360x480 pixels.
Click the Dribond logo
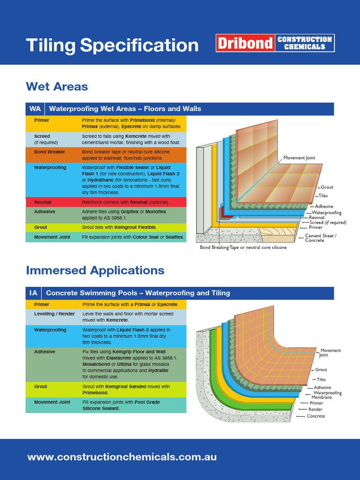pos(274,43)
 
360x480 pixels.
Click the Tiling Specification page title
pos(112,45)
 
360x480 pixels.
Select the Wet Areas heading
pos(57,86)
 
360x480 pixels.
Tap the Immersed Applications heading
pos(95,270)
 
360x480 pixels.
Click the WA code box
pos(35,109)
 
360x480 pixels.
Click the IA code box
pos(33,293)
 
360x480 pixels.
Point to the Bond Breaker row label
pos(49,152)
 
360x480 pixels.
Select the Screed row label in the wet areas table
pos(42,136)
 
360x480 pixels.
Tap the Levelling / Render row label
pos(54,314)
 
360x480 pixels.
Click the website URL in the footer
pos(122,457)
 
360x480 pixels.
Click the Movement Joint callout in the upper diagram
pos(302,158)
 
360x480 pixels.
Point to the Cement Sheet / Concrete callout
pos(321,238)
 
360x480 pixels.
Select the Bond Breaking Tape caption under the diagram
pos(243,247)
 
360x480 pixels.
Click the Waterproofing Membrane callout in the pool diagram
pos(327,395)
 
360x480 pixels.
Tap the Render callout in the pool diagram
pos(315,409)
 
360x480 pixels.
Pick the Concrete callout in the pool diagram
pos(315,416)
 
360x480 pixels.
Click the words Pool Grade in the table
pos(146,402)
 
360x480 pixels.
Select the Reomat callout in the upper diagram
pos(316,217)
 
